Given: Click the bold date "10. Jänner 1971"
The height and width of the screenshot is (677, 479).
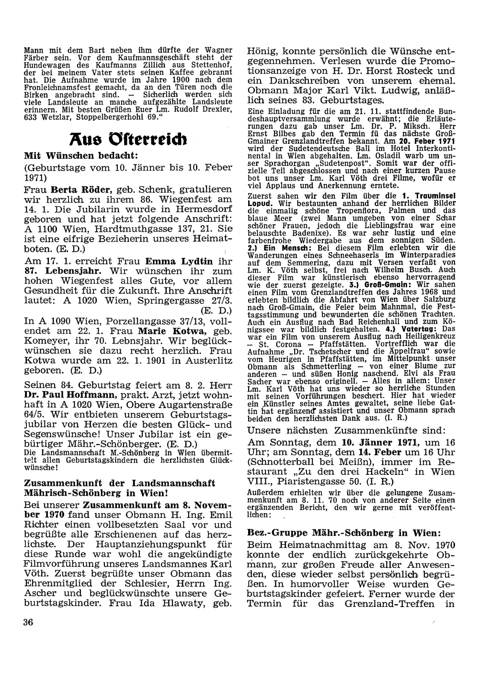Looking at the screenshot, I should coord(381,455).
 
